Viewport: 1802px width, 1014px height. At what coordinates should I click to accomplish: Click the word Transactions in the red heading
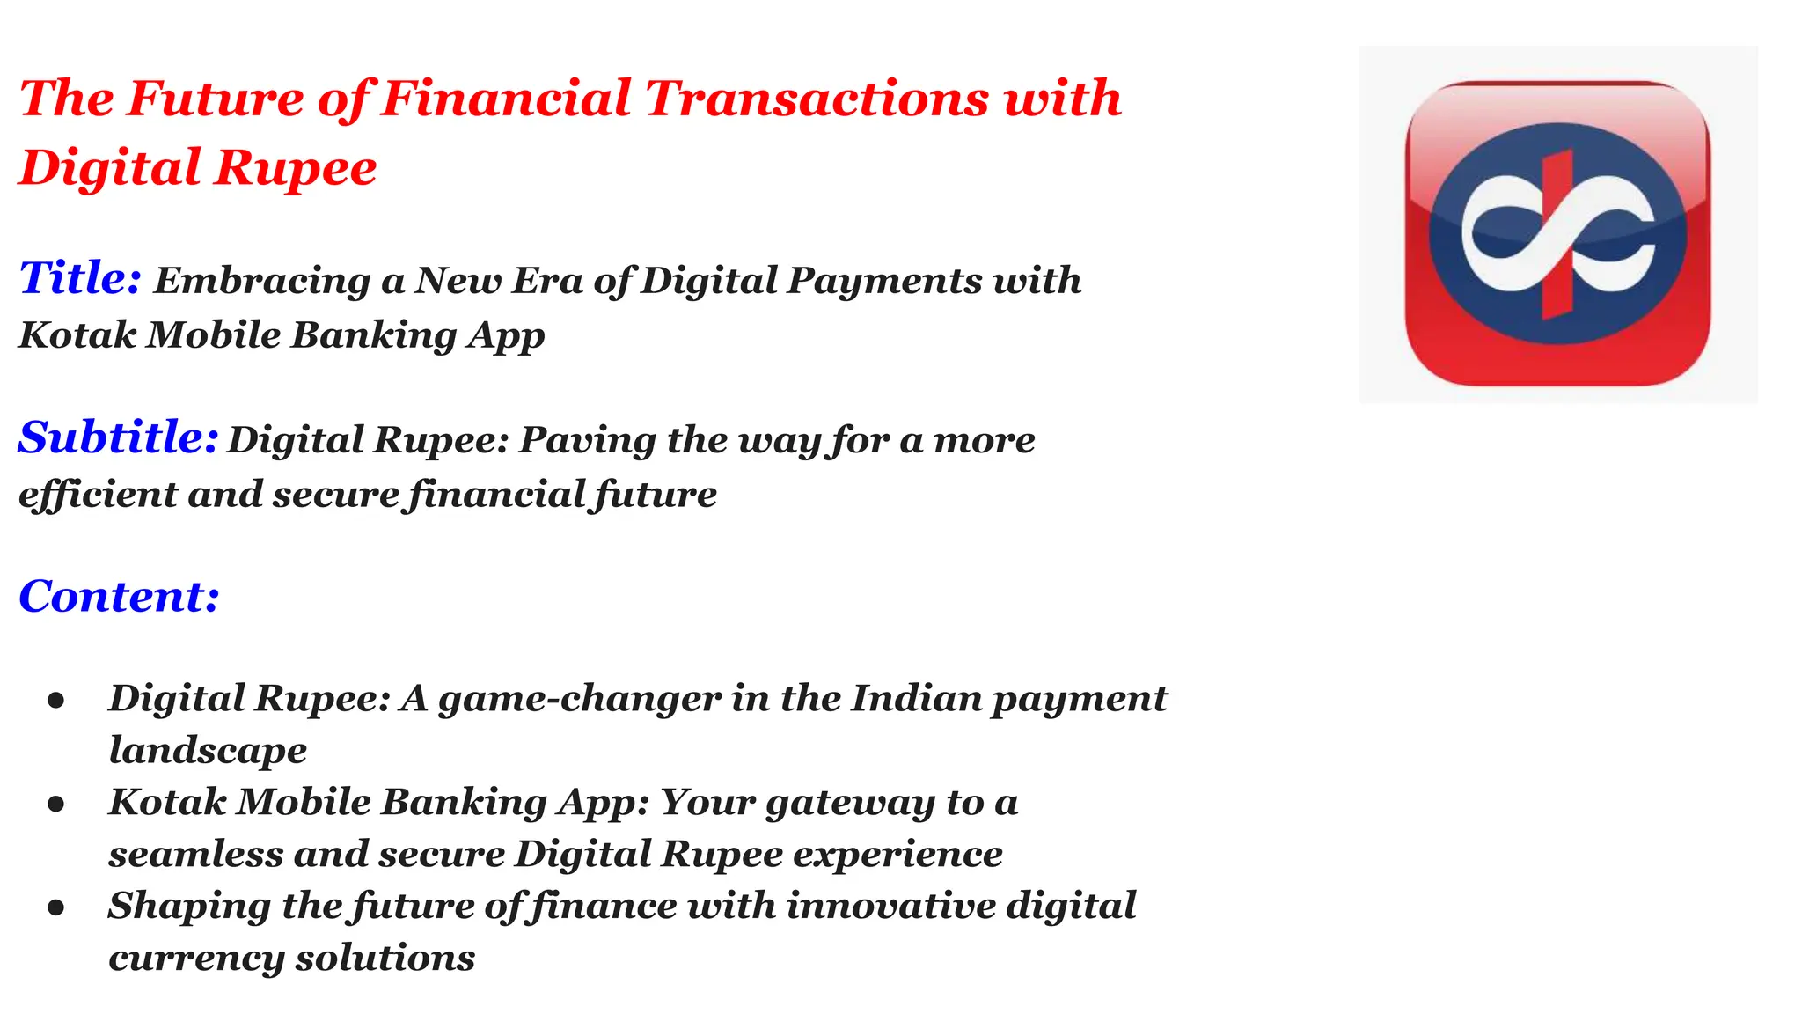[x=817, y=98]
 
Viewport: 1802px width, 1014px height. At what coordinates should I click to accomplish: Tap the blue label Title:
[x=80, y=278]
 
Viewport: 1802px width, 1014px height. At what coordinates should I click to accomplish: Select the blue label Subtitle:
[x=118, y=437]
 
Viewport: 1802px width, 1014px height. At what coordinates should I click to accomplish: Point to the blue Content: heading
[x=119, y=597]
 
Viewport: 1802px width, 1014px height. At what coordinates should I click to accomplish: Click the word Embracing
[x=262, y=282]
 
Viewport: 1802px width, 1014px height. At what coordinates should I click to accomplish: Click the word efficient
[x=97, y=494]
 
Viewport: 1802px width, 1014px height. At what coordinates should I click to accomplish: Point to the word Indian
[x=915, y=699]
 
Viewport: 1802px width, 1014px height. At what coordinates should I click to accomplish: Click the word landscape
[x=208, y=751]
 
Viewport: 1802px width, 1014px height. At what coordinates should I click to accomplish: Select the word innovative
[x=890, y=907]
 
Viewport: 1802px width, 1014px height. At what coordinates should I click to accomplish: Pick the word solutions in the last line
[x=385, y=959]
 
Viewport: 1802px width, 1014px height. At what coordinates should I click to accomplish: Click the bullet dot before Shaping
[x=56, y=907]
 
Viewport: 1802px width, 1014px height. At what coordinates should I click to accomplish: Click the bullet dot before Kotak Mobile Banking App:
[x=56, y=804]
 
